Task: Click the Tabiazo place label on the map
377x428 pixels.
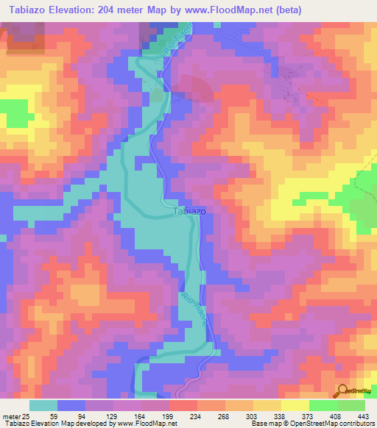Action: point(188,211)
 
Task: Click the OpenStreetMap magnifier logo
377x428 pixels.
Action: point(342,390)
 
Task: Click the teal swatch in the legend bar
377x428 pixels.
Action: point(44,405)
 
